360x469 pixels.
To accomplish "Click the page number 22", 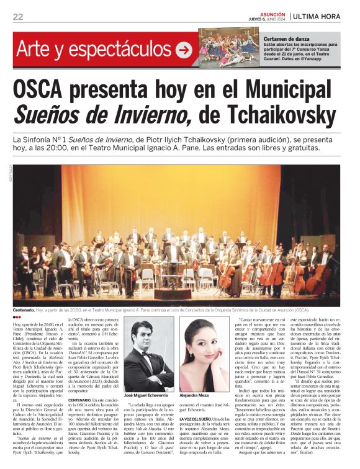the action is tap(18, 17).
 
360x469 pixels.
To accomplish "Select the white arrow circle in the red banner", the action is tap(184, 50).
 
